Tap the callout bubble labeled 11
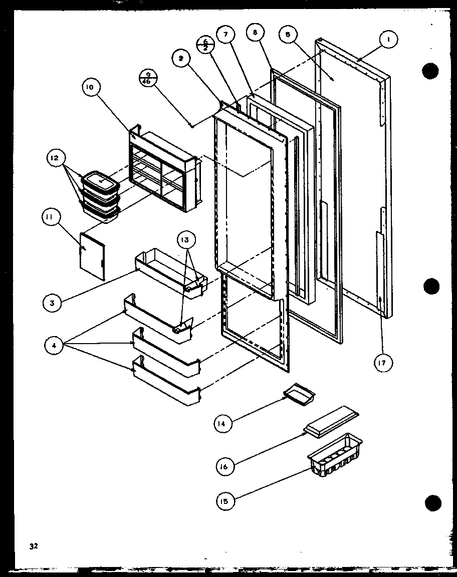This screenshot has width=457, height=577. pyautogui.click(x=52, y=219)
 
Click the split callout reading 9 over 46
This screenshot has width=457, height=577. pyautogui.click(x=147, y=79)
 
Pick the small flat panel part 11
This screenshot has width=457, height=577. pyautogui.click(x=92, y=254)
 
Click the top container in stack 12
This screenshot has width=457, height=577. pyautogui.click(x=101, y=181)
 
